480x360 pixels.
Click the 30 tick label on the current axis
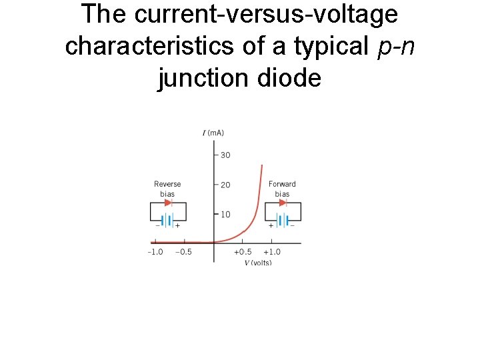pos(225,155)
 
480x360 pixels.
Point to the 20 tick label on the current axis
pos(225,185)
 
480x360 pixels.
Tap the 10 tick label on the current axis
pos(225,214)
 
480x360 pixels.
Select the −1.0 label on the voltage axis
pos(155,252)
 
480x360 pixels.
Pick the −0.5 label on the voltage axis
pos(183,252)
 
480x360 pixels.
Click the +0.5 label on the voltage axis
pos(243,252)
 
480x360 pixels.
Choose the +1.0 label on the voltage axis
pos(271,252)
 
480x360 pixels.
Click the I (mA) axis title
pos(213,133)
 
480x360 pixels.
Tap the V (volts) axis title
pos(257,263)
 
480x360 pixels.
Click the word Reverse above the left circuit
pos(167,184)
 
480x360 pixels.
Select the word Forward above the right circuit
pos(282,184)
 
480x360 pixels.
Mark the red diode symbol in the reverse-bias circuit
pos(167,203)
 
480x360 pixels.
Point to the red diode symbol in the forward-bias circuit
pos(283,203)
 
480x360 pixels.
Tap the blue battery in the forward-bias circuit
pos(283,220)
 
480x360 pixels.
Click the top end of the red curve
pos(262,165)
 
